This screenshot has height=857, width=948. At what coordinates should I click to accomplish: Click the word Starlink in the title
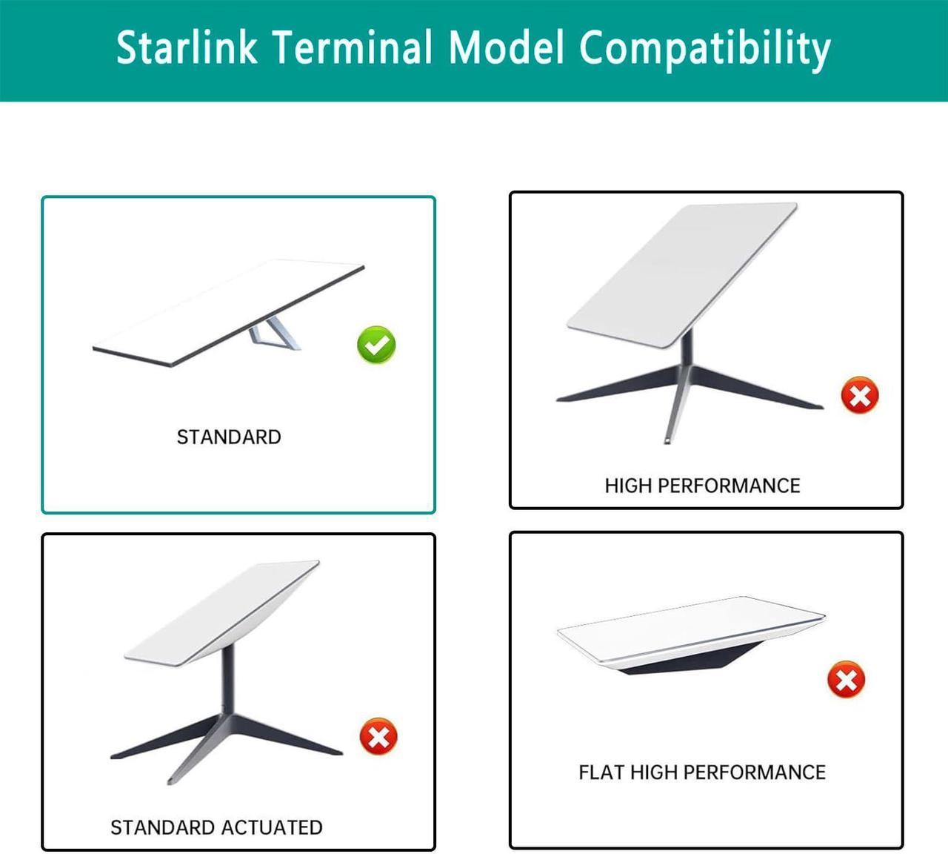point(187,47)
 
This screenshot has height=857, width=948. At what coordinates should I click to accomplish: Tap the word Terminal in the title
point(353,47)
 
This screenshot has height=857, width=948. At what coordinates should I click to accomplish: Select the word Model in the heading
point(506,47)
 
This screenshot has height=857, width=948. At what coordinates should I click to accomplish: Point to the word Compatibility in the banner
point(705,50)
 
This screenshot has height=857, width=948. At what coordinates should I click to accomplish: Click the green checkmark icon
point(376,345)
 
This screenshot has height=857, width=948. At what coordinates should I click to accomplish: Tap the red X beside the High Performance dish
point(860,395)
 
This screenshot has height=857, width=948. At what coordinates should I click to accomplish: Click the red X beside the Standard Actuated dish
point(378,736)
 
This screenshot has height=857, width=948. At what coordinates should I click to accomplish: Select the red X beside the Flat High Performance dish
point(846,680)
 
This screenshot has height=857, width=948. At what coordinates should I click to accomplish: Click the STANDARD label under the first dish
point(229,437)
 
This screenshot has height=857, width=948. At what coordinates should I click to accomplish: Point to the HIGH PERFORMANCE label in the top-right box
point(702,486)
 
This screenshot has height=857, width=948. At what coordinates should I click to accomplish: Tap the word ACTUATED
point(272,827)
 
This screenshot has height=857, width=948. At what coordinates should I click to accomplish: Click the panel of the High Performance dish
point(682,274)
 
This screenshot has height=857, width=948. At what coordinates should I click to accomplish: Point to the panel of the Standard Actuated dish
point(222,613)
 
